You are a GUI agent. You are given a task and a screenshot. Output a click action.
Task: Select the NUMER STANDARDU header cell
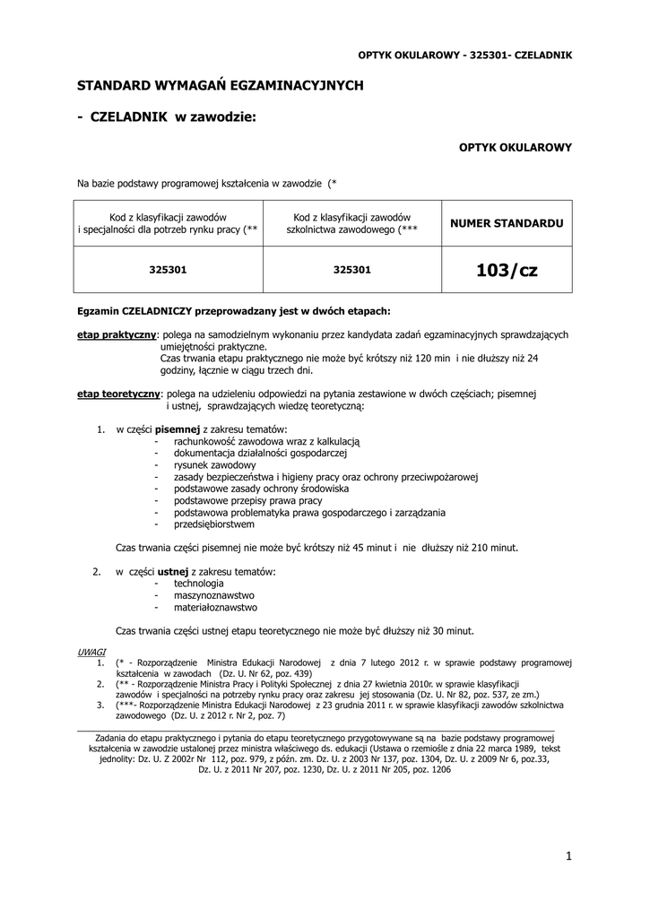[x=507, y=221]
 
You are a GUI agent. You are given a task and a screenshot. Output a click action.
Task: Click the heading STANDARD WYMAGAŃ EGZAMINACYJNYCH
[x=220, y=85]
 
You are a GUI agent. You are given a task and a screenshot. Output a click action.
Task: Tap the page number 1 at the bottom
[x=568, y=856]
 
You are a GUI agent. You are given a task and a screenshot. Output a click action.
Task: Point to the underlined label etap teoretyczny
[x=118, y=394]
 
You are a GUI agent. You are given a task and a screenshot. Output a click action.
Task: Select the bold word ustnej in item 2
[x=173, y=571]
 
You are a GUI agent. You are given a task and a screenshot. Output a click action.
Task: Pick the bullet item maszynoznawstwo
[x=214, y=594]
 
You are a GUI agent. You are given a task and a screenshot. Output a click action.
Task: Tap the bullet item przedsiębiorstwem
[x=214, y=524]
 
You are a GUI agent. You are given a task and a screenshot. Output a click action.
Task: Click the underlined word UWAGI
[x=91, y=652]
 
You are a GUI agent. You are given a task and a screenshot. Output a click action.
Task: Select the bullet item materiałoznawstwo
[x=215, y=606]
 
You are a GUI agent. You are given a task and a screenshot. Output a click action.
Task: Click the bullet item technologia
[x=199, y=583]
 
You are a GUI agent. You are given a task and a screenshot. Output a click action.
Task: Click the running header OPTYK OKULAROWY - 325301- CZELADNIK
[x=464, y=55]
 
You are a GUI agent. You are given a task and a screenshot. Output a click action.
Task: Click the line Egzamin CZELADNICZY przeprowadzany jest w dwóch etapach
[x=234, y=311]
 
